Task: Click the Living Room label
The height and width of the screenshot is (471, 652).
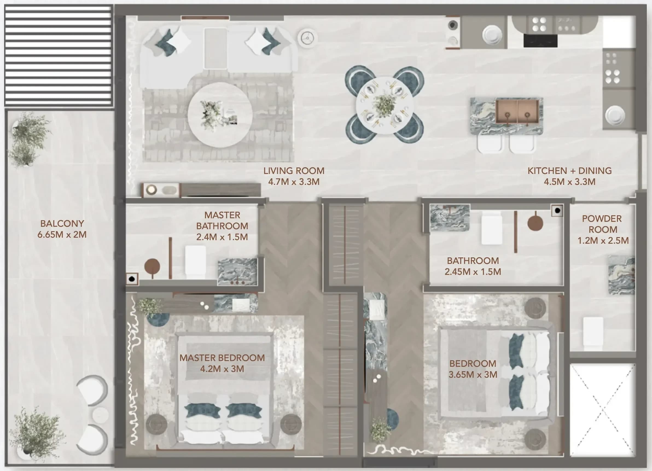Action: click(x=294, y=171)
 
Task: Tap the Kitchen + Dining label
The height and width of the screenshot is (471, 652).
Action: click(x=569, y=171)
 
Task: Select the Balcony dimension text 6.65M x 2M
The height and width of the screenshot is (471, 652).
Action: click(x=62, y=235)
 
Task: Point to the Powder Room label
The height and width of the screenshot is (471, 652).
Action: click(x=602, y=224)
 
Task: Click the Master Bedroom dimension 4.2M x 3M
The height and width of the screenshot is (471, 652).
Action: click(x=222, y=369)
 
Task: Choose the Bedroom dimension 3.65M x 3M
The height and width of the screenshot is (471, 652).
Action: click(x=473, y=375)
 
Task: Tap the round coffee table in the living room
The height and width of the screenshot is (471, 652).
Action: click(x=220, y=115)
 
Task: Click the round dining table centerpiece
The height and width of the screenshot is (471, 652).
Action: click(x=384, y=106)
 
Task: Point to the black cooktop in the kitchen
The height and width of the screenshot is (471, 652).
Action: click(x=540, y=40)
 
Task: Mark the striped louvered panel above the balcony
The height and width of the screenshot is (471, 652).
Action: click(x=58, y=56)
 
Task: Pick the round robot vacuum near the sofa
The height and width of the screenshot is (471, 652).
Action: click(x=307, y=37)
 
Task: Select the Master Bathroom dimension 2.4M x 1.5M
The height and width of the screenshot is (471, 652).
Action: click(x=222, y=237)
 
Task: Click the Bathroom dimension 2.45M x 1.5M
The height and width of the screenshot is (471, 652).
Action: click(x=473, y=272)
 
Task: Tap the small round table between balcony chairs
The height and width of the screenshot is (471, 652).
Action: click(x=100, y=415)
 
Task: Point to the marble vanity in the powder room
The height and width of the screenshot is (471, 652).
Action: click(x=622, y=275)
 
